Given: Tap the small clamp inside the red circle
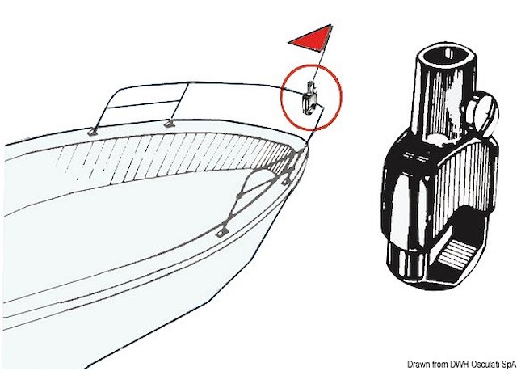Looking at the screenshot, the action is (x=309, y=99).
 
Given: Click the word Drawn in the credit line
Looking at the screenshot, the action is (x=418, y=365).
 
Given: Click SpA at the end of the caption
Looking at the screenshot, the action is (x=509, y=365).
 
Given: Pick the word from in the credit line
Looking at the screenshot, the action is (x=439, y=365).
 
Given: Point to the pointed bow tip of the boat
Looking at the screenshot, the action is (x=307, y=146).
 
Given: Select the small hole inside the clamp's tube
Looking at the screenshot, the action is (x=448, y=53).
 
